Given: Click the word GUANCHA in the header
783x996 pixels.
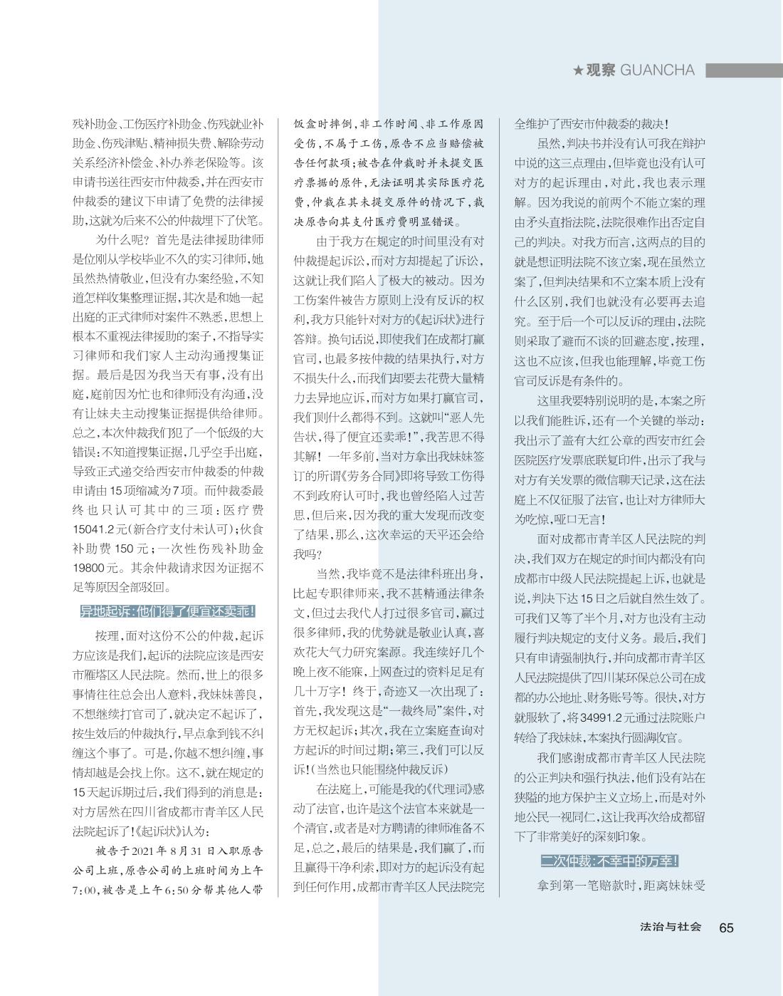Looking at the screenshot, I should point(657,70).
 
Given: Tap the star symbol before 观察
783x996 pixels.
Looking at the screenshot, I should point(579,71).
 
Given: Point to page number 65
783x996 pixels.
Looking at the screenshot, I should point(726,927).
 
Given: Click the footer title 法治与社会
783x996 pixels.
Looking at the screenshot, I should point(670,927).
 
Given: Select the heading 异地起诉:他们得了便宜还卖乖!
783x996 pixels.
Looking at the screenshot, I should point(167,611).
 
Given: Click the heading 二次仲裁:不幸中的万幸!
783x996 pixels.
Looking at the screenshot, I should point(609,861).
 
